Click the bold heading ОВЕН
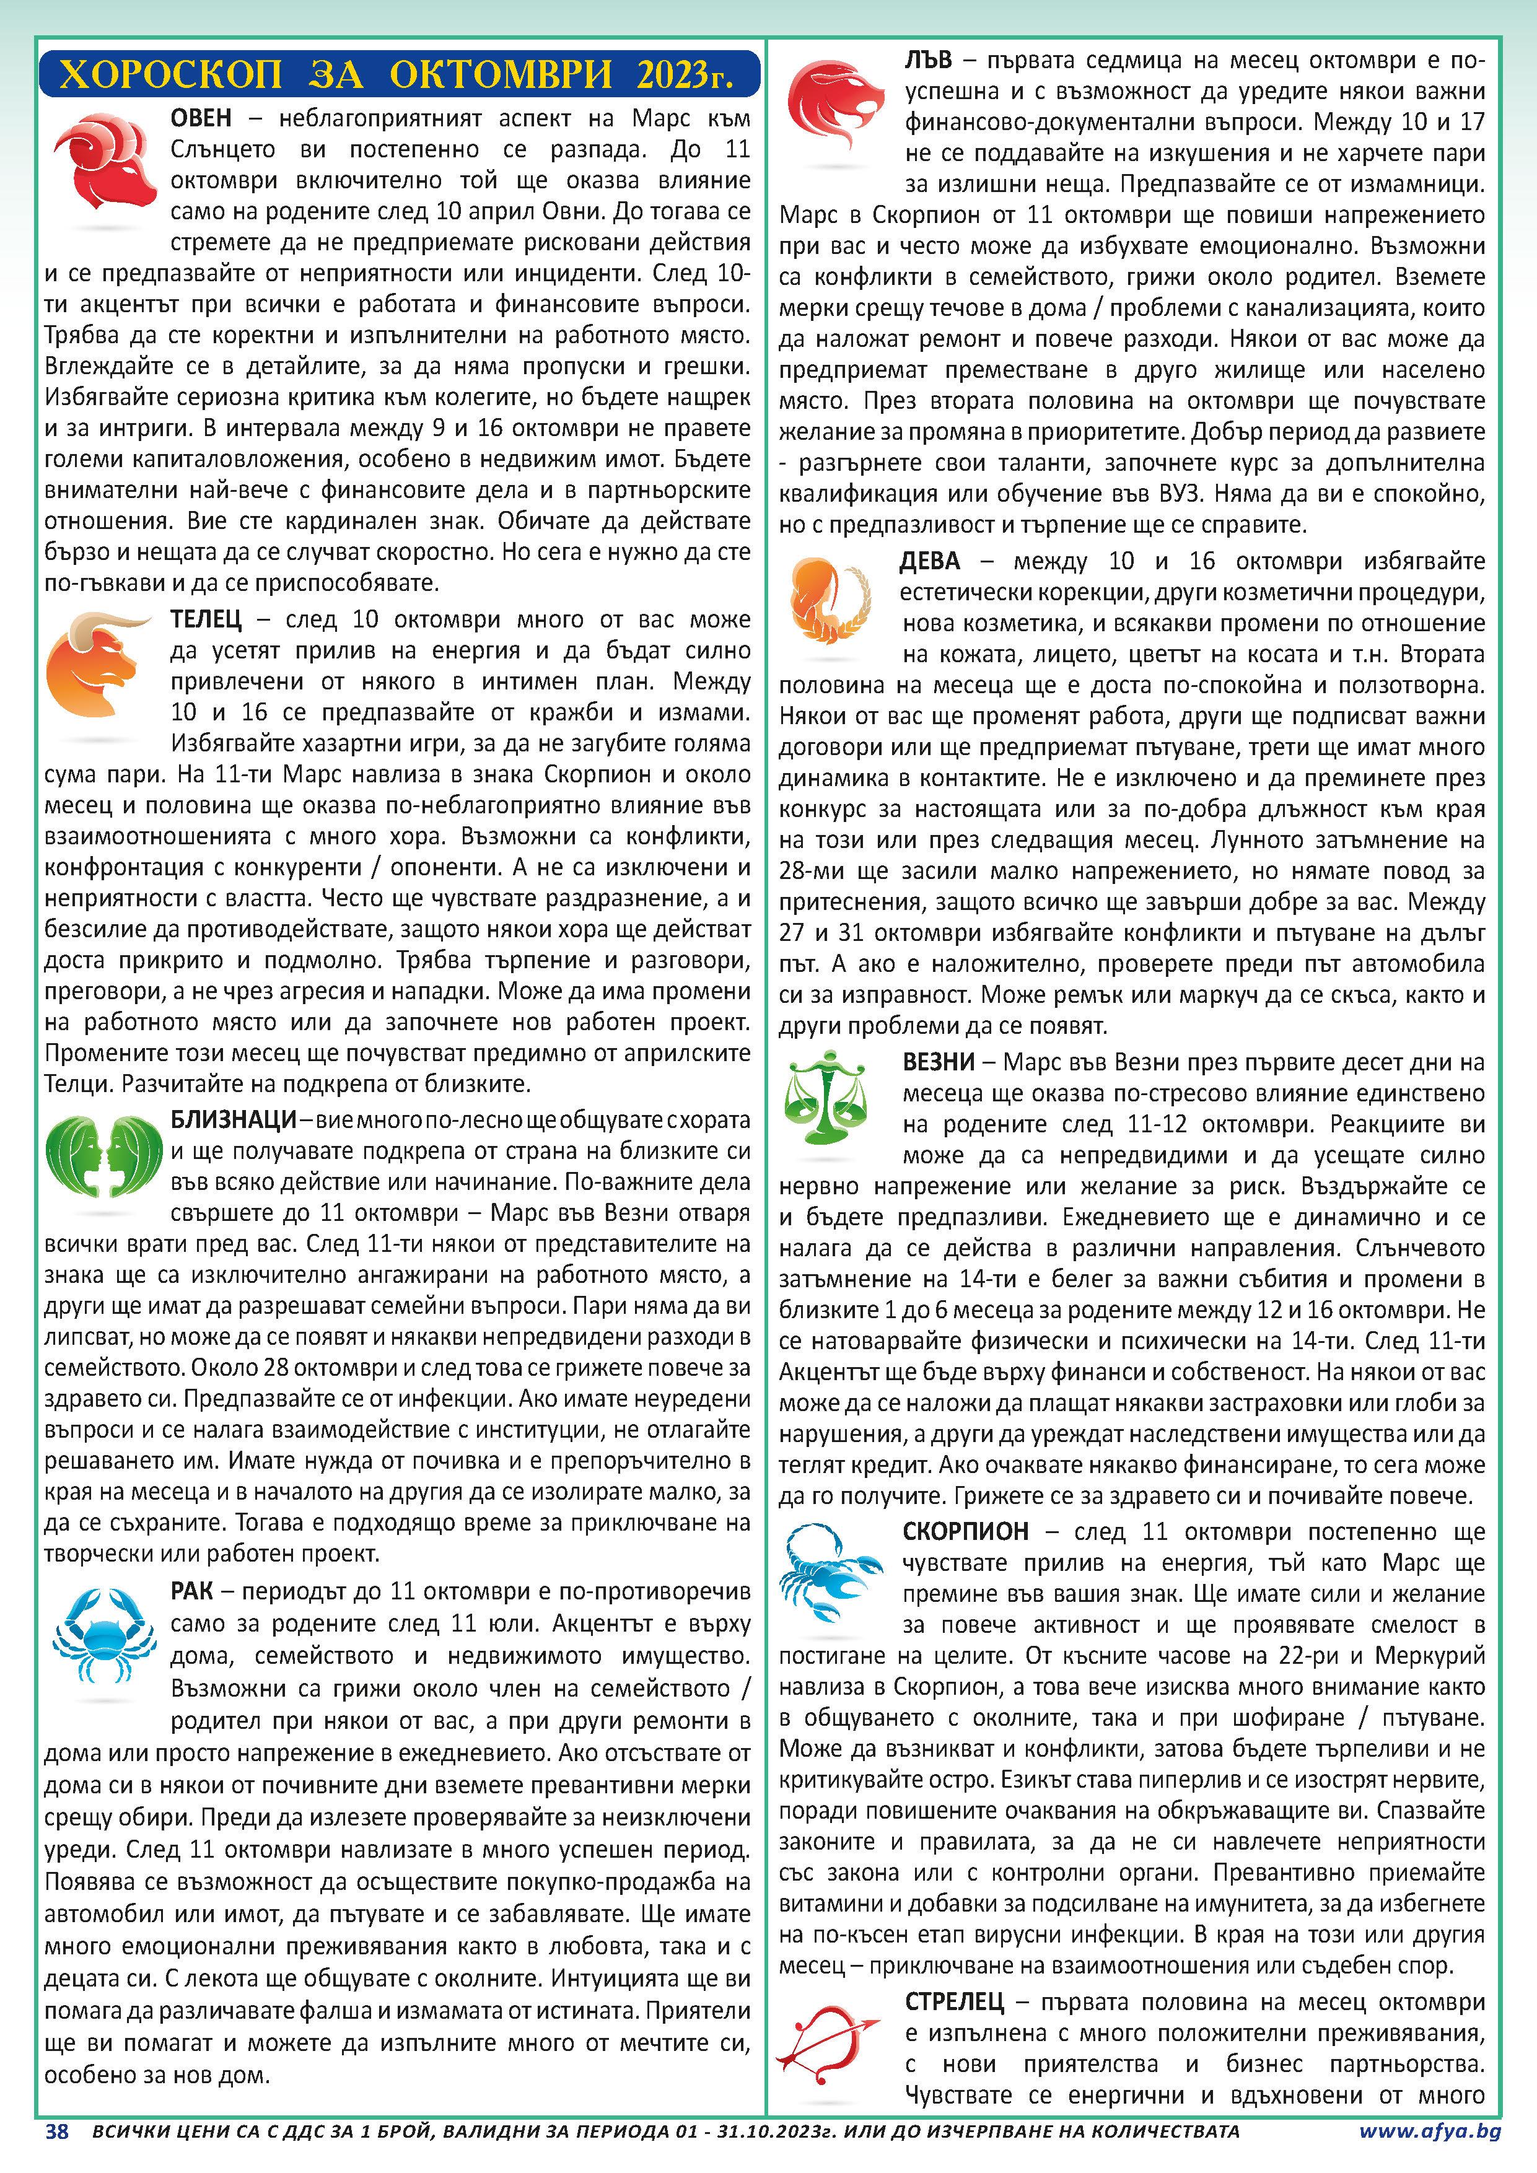(201, 118)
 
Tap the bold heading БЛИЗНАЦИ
(233, 1119)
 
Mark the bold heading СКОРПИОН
(965, 1531)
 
